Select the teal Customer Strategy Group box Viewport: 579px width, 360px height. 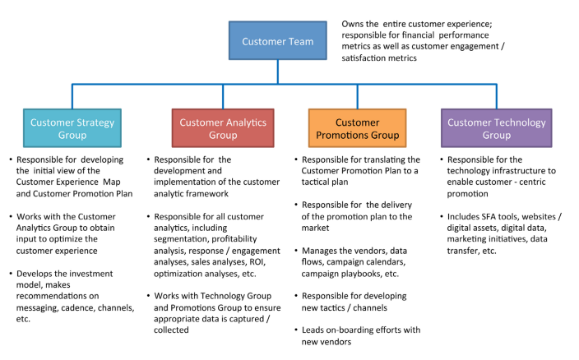(72, 128)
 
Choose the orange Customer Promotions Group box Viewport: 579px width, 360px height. (357, 128)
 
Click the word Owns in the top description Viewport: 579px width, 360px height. (354, 24)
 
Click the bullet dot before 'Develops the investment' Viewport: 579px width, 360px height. (10, 274)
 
